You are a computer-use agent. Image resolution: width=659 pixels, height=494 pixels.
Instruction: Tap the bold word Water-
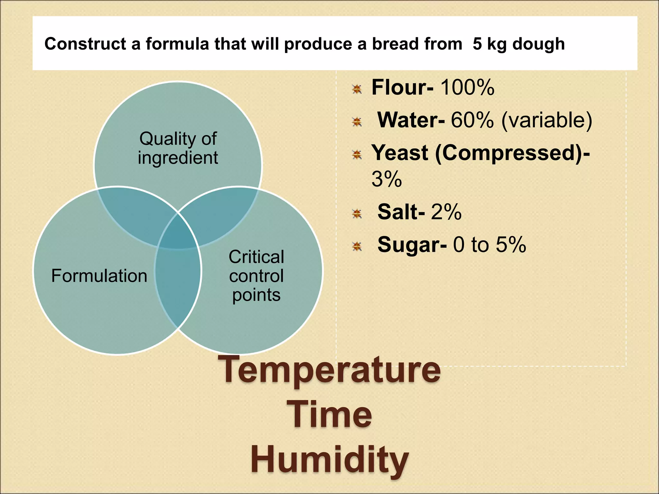coord(411,120)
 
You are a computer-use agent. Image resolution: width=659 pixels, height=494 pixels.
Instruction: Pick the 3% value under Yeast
coord(386,179)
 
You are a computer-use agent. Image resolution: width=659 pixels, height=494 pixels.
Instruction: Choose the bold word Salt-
coord(401,212)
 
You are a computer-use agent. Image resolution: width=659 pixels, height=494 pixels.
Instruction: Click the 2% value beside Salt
coord(446,212)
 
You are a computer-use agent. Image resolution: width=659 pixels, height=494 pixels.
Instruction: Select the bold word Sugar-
coord(412,244)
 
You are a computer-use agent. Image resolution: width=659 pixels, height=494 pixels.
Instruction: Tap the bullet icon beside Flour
coord(357,89)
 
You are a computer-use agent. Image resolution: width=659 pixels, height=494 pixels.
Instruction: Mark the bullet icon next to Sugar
coord(357,247)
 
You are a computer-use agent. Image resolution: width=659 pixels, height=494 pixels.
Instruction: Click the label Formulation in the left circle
coord(99,276)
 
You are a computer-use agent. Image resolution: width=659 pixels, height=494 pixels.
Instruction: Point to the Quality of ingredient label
coord(178,148)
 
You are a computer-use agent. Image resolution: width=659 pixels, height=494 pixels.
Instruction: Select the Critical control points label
coord(256,276)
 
